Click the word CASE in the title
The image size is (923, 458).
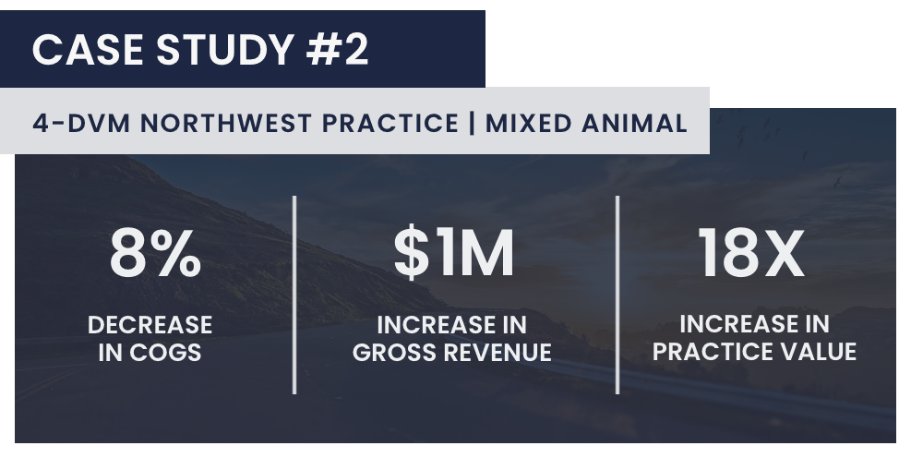pyautogui.click(x=87, y=50)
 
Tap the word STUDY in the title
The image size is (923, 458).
pyautogui.click(x=225, y=50)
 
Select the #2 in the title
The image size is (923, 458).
pyautogui.click(x=337, y=50)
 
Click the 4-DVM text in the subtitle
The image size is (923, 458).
pyautogui.click(x=81, y=124)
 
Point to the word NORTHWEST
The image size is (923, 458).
pyautogui.click(x=226, y=124)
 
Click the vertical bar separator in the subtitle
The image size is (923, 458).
pyautogui.click(x=472, y=124)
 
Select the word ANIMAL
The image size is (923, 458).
pyautogui.click(x=635, y=124)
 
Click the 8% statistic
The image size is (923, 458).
pyautogui.click(x=155, y=254)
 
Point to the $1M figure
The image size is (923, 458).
pyautogui.click(x=454, y=254)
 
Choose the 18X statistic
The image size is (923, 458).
pyautogui.click(x=751, y=254)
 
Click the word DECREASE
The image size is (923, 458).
pyautogui.click(x=150, y=325)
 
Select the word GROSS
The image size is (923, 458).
pyautogui.click(x=394, y=353)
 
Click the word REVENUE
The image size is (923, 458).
pyautogui.click(x=497, y=353)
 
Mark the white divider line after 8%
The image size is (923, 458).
pyautogui.click(x=294, y=295)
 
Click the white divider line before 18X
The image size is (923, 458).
pyautogui.click(x=617, y=295)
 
